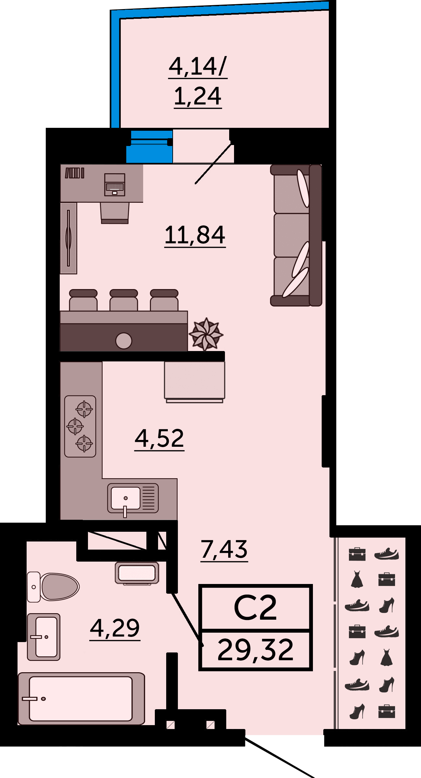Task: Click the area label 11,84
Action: pyautogui.click(x=195, y=235)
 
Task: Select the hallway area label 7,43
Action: pyautogui.click(x=224, y=549)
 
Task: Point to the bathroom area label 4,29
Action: pyautogui.click(x=115, y=628)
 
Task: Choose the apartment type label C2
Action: pyautogui.click(x=255, y=607)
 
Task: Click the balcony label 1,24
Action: pyautogui.click(x=198, y=96)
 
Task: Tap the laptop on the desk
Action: pyautogui.click(x=115, y=185)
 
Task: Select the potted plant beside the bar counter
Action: pyautogui.click(x=206, y=334)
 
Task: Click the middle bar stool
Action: pyautogui.click(x=124, y=300)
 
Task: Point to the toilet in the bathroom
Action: pyautogui.click(x=53, y=587)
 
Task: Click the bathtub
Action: pyautogui.click(x=81, y=699)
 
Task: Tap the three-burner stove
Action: pyautogui.click(x=80, y=426)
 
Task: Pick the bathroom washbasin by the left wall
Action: pyautogui.click(x=43, y=637)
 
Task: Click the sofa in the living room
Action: pyautogui.click(x=296, y=235)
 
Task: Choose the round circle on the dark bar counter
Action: pyautogui.click(x=124, y=341)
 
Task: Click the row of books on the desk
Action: pyautogui.click(x=75, y=173)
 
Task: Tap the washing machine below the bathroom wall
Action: pyautogui.click(x=137, y=573)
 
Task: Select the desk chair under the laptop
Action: pyautogui.click(x=115, y=213)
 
